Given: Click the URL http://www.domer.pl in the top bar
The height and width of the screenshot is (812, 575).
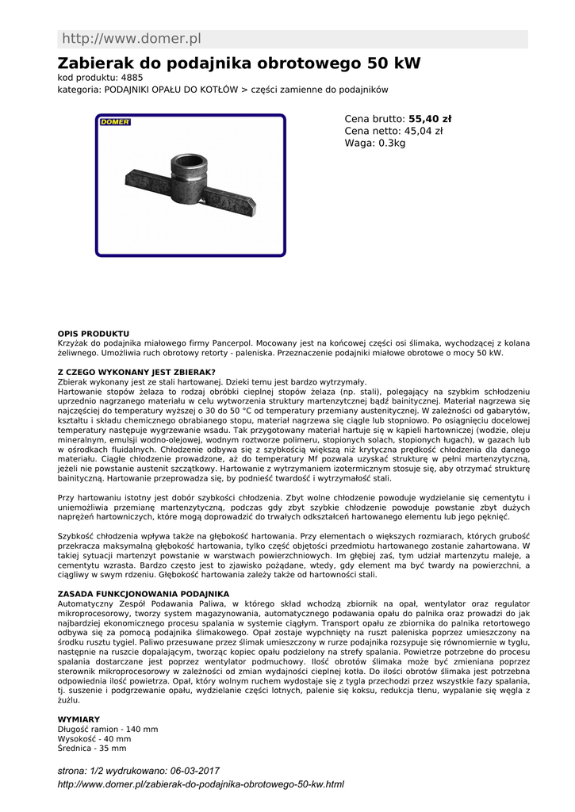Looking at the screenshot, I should coord(132,39).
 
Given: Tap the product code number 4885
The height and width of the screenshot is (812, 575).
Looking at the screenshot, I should coord(132,78).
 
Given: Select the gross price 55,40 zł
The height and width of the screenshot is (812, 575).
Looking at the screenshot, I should coord(430,119).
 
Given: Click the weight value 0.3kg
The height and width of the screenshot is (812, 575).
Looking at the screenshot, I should coord(390,143).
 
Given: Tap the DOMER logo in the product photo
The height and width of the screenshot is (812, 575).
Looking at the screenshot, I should coord(115,122).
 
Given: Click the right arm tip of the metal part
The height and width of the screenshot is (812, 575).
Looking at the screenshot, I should coord(253,208).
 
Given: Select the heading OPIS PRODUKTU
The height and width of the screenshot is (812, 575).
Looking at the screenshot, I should coord(94,334).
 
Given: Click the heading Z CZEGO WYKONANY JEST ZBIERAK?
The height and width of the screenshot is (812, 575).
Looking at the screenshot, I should coord(136,372).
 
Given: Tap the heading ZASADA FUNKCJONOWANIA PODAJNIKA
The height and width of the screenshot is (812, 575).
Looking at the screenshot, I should coord(143,593).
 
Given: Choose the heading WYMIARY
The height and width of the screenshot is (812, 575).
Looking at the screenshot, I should coord(79,719).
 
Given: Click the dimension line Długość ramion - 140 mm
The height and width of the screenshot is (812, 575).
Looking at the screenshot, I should coord(108,729).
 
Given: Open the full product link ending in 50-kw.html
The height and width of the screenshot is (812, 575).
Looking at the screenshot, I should coord(201,784).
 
